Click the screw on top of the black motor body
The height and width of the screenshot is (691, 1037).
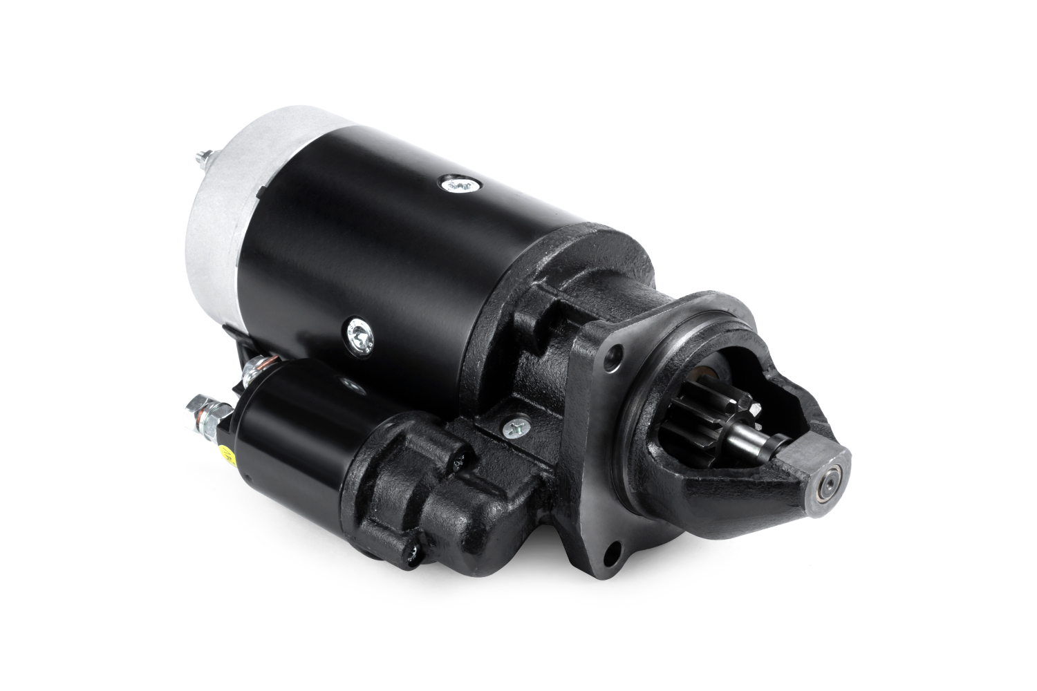point(456,183)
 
